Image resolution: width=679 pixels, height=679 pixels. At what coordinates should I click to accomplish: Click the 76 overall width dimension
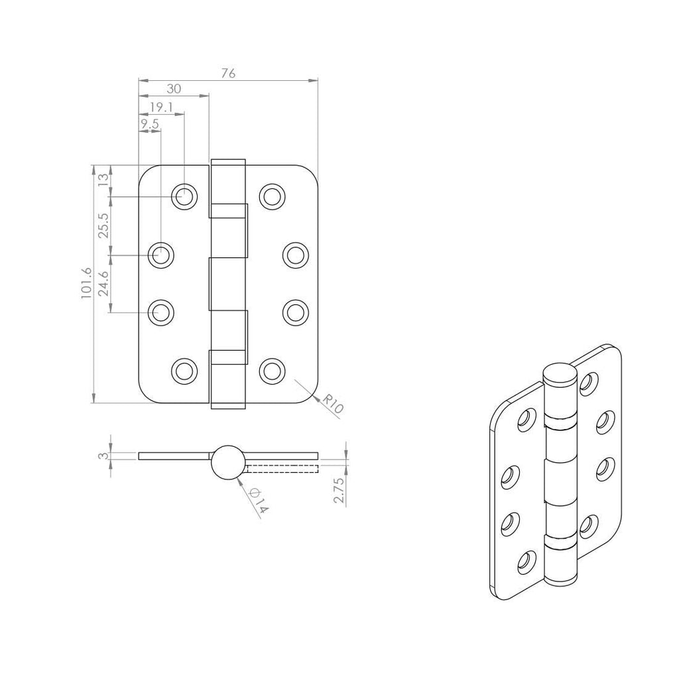pyautogui.click(x=227, y=74)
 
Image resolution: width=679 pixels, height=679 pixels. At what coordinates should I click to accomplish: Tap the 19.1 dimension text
pyautogui.click(x=161, y=107)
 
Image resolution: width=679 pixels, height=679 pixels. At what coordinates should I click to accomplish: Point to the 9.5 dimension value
pyautogui.click(x=149, y=124)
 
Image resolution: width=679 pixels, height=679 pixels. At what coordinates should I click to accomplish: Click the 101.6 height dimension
pyautogui.click(x=86, y=284)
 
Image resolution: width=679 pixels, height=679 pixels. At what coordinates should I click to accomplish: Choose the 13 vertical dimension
pyautogui.click(x=103, y=181)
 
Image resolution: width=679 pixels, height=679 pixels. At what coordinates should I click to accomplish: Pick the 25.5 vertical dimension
pyautogui.click(x=103, y=225)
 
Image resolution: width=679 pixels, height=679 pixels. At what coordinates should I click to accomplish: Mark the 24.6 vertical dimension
pyautogui.click(x=103, y=283)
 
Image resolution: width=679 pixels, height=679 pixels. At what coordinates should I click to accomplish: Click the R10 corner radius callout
pyautogui.click(x=332, y=404)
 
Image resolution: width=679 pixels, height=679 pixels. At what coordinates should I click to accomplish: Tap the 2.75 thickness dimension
pyautogui.click(x=339, y=490)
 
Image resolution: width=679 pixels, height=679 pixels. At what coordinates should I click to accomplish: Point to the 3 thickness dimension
pyautogui.click(x=101, y=456)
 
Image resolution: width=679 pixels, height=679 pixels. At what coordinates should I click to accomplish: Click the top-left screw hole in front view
pyautogui.click(x=184, y=196)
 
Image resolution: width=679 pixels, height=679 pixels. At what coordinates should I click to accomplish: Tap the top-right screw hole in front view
pyautogui.click(x=271, y=196)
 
